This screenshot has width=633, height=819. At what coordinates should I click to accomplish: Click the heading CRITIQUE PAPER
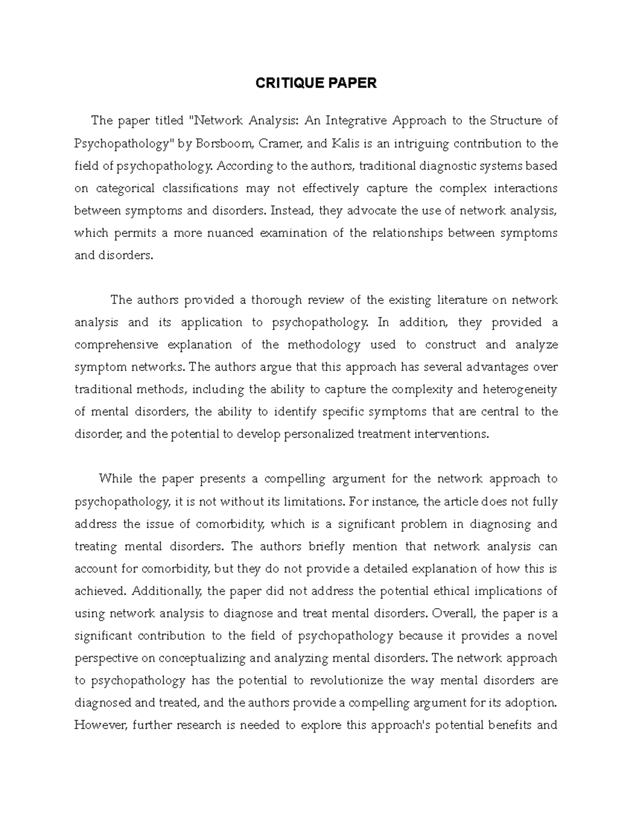[x=316, y=83]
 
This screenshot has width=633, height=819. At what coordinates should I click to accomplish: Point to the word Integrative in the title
[x=355, y=121]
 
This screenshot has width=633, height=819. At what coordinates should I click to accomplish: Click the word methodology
[x=324, y=345]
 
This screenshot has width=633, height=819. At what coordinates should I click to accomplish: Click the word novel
[x=543, y=636]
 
